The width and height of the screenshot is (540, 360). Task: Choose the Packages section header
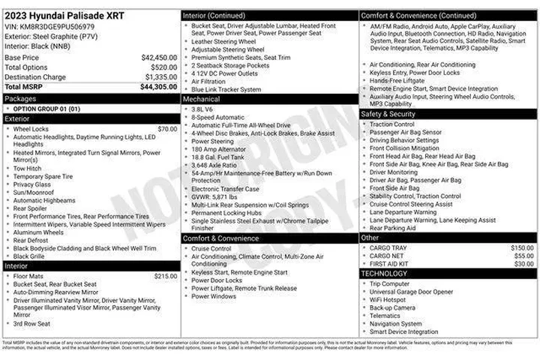20,98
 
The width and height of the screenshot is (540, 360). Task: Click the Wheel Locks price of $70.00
167,129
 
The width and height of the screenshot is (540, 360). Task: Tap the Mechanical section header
202,99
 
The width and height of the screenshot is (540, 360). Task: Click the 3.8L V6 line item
202,109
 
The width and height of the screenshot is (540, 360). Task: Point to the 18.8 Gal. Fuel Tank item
217,157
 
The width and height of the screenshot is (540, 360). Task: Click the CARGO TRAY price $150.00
523,247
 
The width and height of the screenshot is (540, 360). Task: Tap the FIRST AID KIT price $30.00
524,264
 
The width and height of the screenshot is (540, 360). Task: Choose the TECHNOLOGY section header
385,274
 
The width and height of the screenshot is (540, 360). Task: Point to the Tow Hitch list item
28,168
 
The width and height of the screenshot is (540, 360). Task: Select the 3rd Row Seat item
31,323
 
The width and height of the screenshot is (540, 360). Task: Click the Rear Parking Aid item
392,228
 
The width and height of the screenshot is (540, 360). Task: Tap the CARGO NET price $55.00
524,256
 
